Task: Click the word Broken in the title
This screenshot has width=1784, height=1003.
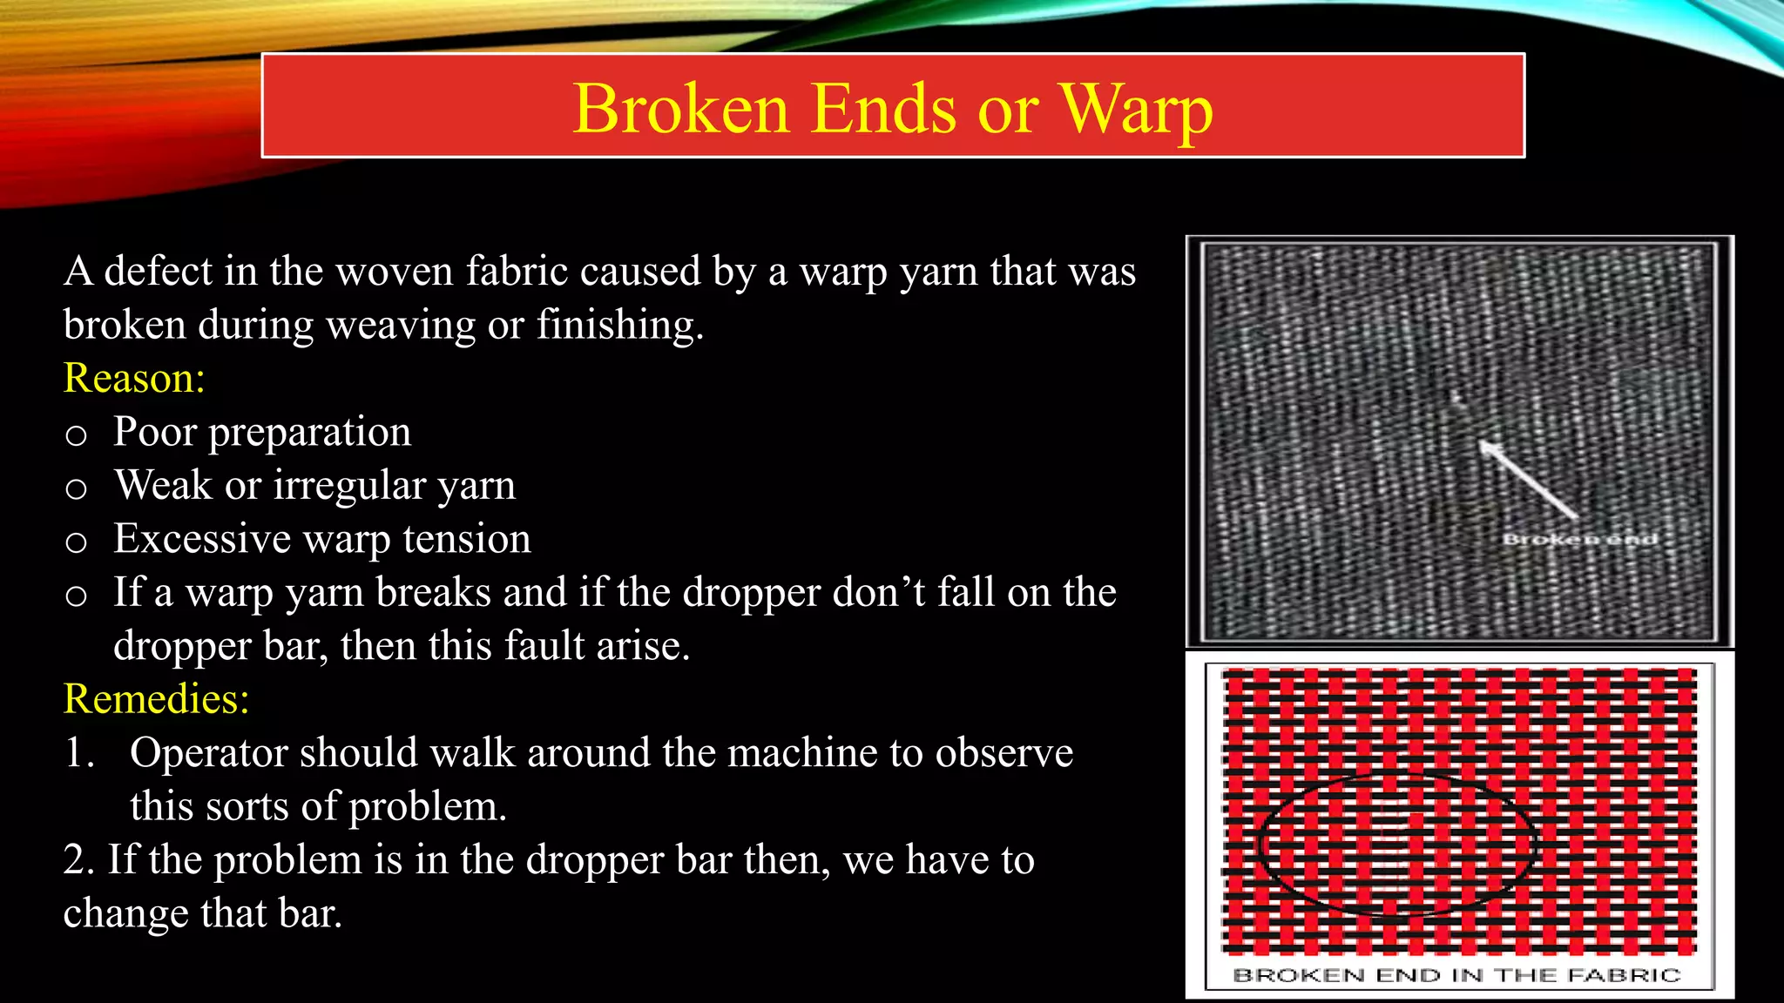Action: pos(680,109)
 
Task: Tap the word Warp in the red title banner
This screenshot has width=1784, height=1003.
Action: pos(1136,111)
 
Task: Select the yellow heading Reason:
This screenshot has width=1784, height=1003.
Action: pos(134,378)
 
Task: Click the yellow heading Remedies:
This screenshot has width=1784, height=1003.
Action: pos(157,698)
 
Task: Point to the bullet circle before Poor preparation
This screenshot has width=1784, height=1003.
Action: pos(77,434)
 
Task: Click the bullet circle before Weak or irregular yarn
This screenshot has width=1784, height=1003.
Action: pos(77,488)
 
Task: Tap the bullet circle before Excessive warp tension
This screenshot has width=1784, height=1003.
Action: pos(77,542)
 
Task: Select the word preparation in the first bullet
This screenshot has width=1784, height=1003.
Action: pos(309,433)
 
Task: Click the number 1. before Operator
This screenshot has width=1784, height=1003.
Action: pos(79,753)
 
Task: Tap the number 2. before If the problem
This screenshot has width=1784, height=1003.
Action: pos(78,860)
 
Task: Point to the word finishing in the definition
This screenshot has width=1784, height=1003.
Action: pos(619,326)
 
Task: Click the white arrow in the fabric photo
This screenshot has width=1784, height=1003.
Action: pos(1529,480)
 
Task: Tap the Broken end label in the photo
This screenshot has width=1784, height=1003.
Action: pos(1579,539)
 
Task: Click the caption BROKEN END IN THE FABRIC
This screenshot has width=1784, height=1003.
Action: pos(1456,975)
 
